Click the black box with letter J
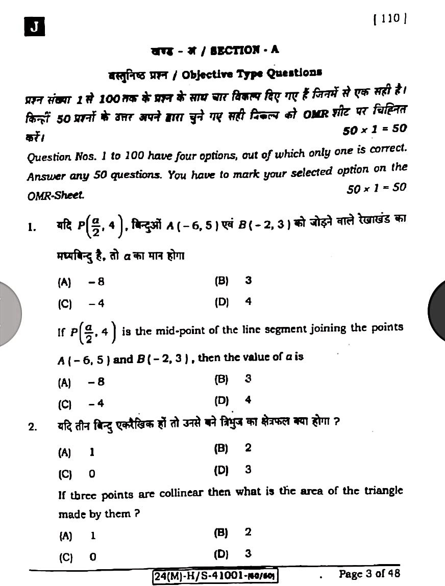pos(34,27)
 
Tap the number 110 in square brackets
pos(390,19)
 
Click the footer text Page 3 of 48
pos(369,574)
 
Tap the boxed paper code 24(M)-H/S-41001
pos(214,576)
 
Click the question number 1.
pos(32,227)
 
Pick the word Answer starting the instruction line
pos(43,177)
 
